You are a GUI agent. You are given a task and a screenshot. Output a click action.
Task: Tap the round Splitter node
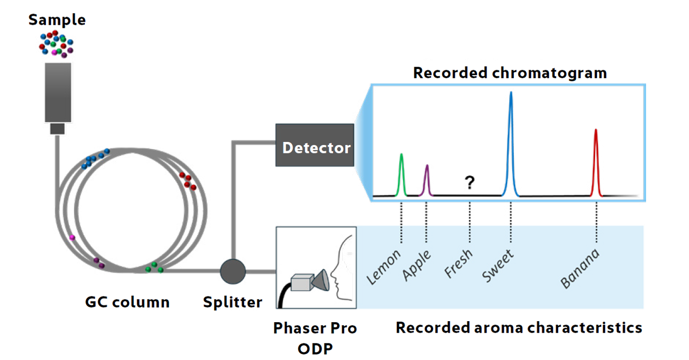coord(233,272)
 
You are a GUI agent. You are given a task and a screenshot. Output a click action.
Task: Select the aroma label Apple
coord(417,265)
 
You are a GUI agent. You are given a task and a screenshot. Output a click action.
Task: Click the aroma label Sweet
coord(498,265)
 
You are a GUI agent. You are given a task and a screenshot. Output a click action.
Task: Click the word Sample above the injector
coord(57,20)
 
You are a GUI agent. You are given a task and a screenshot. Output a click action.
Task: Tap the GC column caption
coord(127,302)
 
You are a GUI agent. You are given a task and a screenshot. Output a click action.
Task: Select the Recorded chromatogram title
coord(510,73)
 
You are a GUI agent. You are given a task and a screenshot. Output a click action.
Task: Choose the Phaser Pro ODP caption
coord(315,337)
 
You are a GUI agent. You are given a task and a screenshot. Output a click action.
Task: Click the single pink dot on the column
coord(72,237)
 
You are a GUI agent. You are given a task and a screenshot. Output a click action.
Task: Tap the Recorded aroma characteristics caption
coord(518,328)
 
